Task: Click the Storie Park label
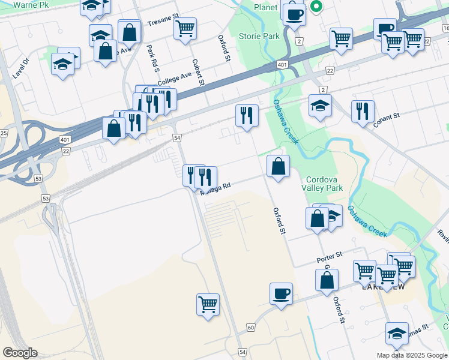(259, 36)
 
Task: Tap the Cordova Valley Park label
(324, 184)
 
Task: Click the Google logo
(20, 352)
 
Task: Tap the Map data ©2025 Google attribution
(411, 355)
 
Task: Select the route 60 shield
(250, 328)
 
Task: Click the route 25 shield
(3, 133)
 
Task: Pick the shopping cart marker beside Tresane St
(185, 27)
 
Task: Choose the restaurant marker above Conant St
(363, 111)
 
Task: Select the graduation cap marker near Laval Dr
(62, 62)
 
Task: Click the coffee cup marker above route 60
(281, 294)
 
